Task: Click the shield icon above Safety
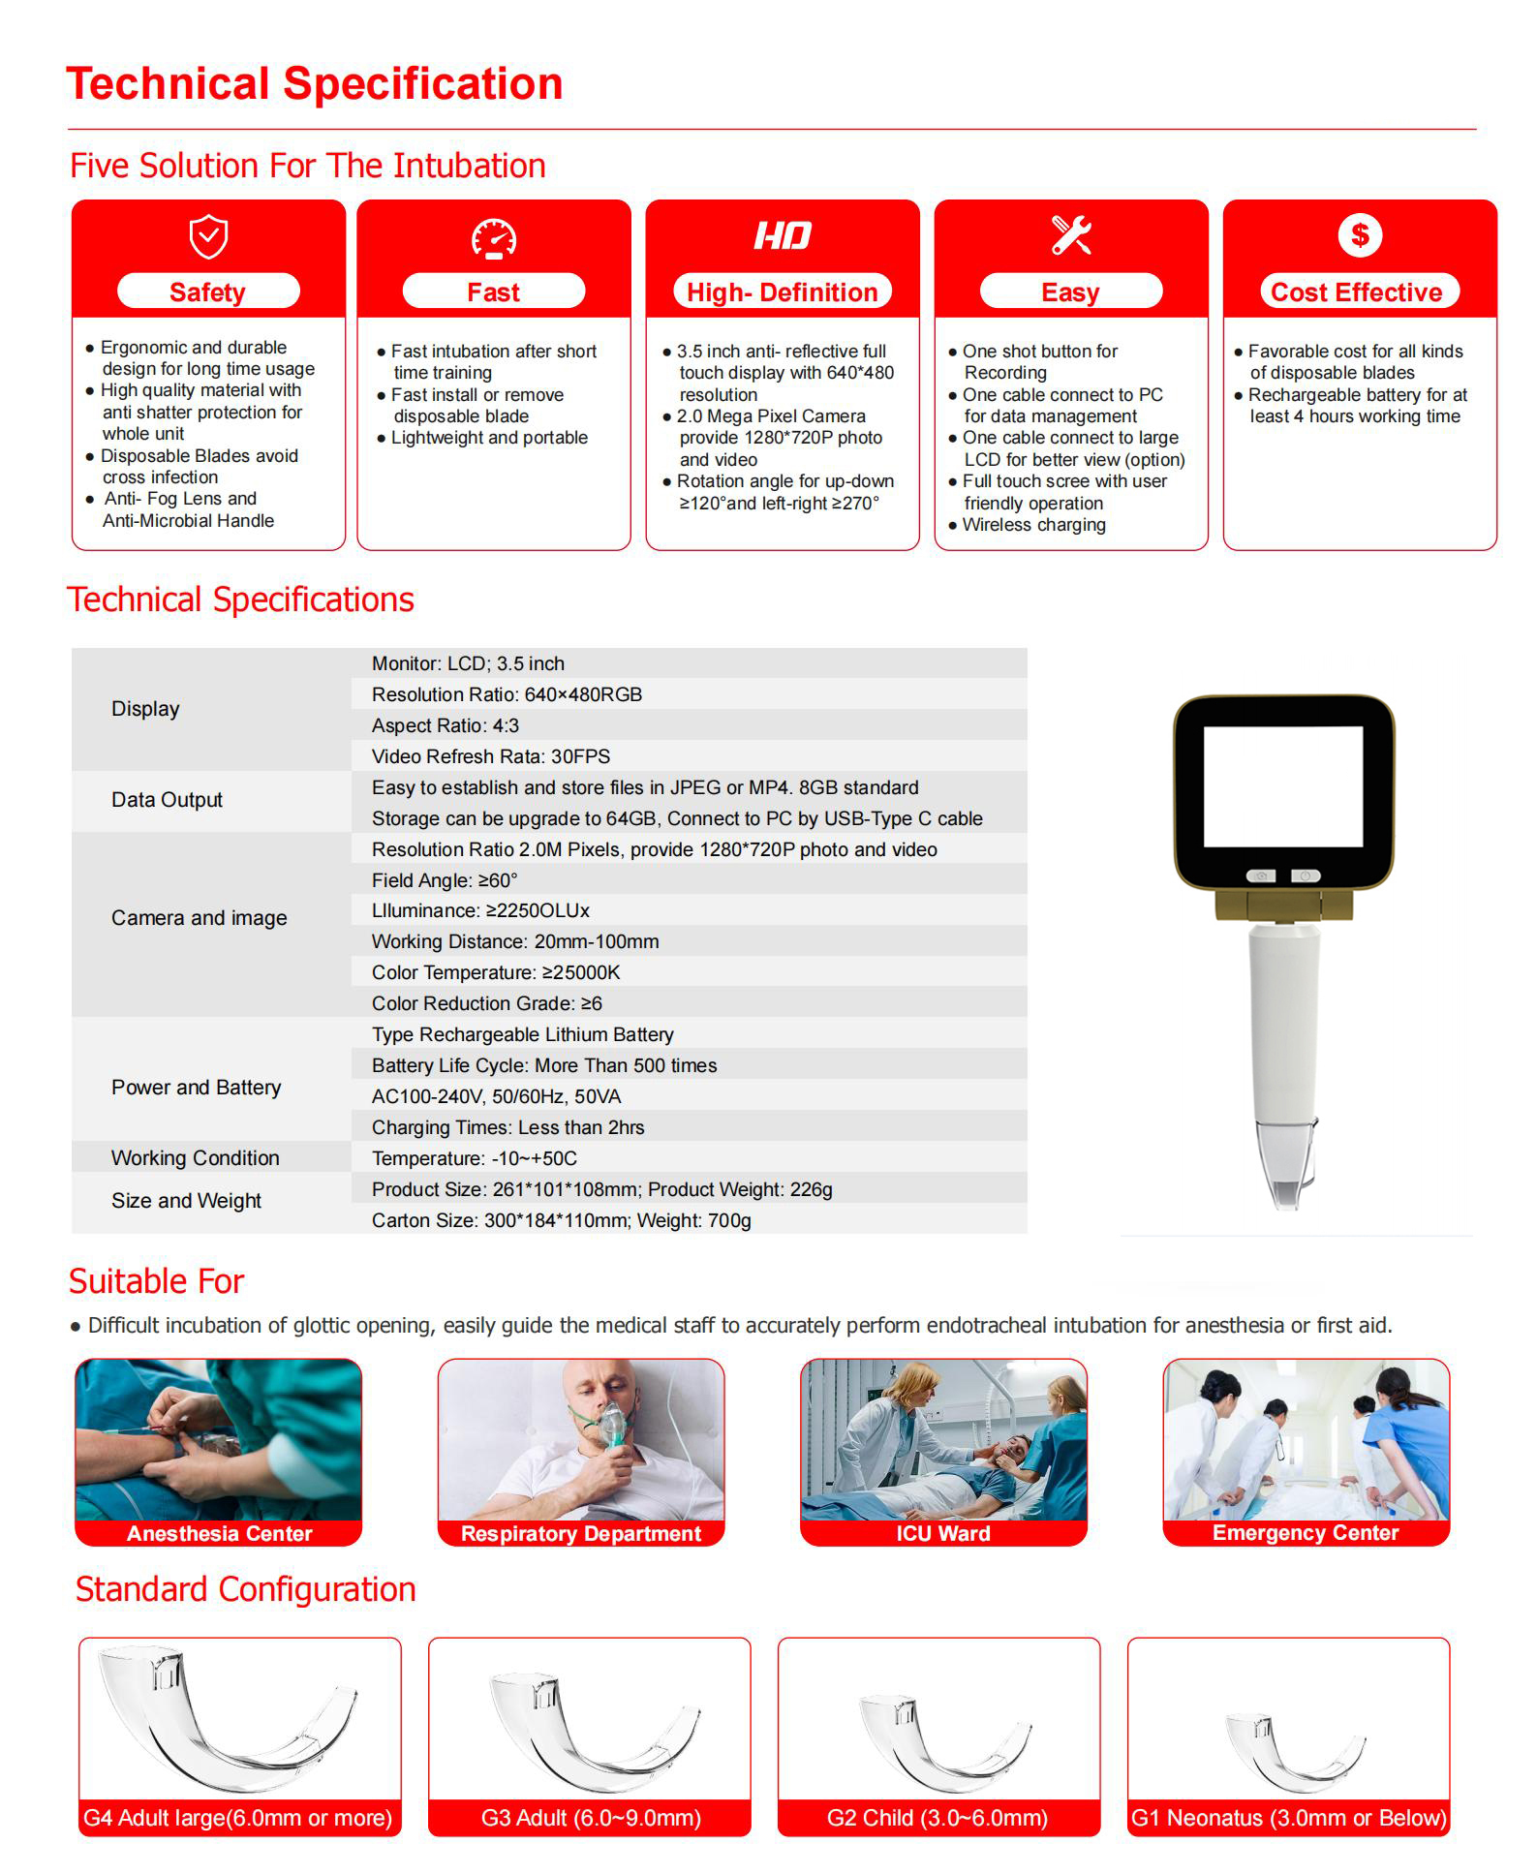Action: (x=208, y=237)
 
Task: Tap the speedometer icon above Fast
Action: (x=494, y=239)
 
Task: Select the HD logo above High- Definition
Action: (x=783, y=235)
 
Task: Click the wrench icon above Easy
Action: (x=1071, y=235)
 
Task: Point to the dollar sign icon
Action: (x=1360, y=234)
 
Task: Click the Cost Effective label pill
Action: (x=1359, y=292)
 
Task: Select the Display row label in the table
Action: (x=145, y=709)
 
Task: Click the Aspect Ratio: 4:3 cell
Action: (x=446, y=725)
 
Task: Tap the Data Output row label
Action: (x=167, y=800)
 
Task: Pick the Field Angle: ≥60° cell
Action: (x=445, y=880)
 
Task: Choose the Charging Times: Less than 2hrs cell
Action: (x=507, y=1127)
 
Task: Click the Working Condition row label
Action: (x=195, y=1158)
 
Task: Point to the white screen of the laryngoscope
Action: (x=1283, y=786)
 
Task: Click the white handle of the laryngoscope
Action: (x=1282, y=1027)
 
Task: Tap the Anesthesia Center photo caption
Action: (x=219, y=1533)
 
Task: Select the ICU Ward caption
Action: (x=943, y=1533)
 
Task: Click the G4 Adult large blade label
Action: (x=238, y=1818)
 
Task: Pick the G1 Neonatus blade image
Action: (x=1291, y=1751)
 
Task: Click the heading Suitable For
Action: (x=156, y=1281)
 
